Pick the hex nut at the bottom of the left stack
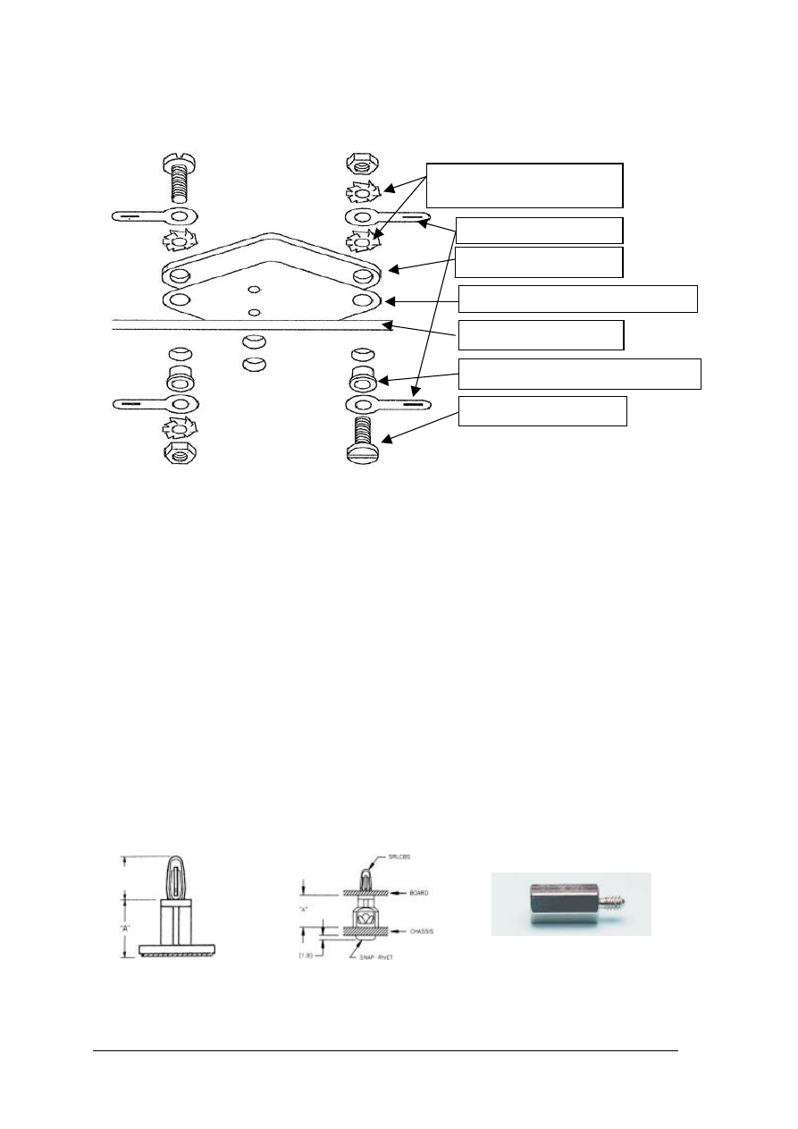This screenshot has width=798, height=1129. [x=181, y=451]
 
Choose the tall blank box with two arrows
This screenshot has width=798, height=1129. [x=524, y=185]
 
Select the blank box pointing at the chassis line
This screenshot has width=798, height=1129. [x=541, y=334]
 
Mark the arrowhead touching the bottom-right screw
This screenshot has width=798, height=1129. [x=385, y=439]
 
